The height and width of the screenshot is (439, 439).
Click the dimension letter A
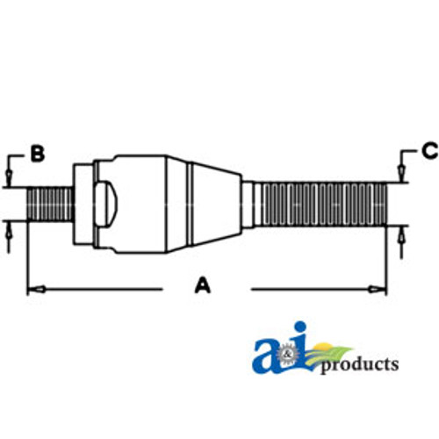203,285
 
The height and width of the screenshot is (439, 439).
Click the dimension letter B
37,155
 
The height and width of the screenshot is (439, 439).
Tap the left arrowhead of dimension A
34,287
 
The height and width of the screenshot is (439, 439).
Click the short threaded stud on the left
49,203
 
